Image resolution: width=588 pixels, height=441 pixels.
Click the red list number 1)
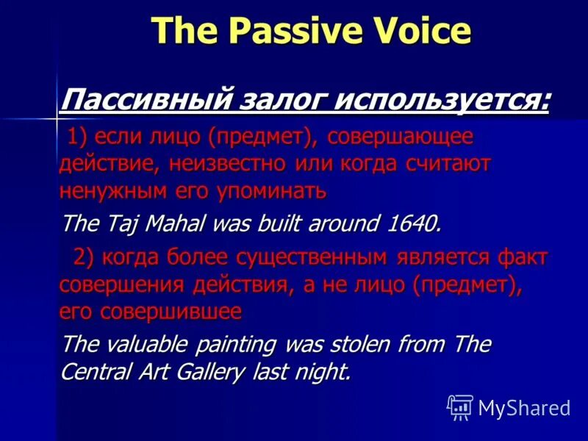tap(80, 137)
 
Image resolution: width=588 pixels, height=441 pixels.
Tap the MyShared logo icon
tap(460, 407)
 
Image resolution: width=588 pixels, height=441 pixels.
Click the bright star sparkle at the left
tap(57, 118)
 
